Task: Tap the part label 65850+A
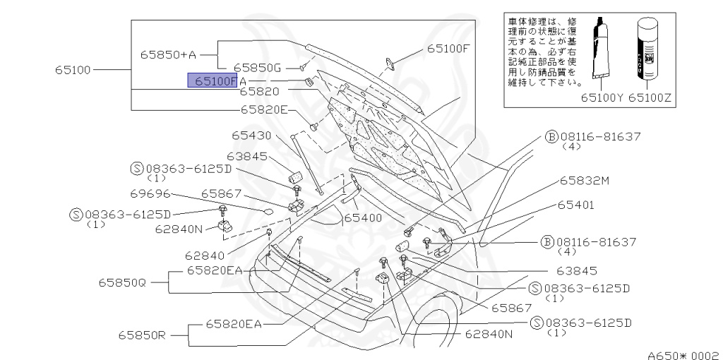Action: coord(167,54)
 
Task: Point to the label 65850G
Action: coord(258,68)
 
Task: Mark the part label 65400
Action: coord(362,217)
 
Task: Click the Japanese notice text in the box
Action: coord(542,47)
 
